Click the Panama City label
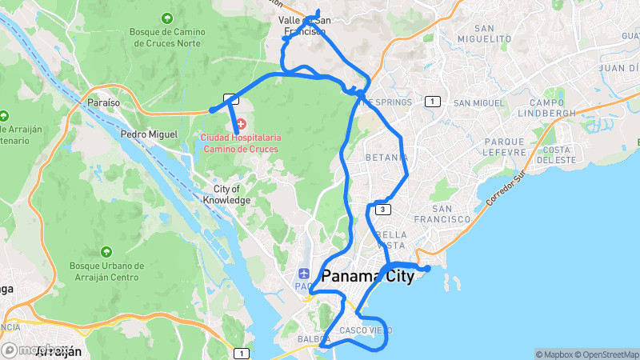coord(368,277)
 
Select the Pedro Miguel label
coord(148,134)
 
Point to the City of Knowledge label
coord(226,194)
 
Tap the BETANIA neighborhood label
coord(387,158)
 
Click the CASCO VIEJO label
coord(366,330)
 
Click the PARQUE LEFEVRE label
coord(503,146)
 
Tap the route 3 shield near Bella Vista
coord(384,210)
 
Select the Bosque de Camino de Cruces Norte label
coord(166,38)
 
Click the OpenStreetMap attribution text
coord(606,354)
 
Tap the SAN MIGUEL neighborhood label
coord(478,103)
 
